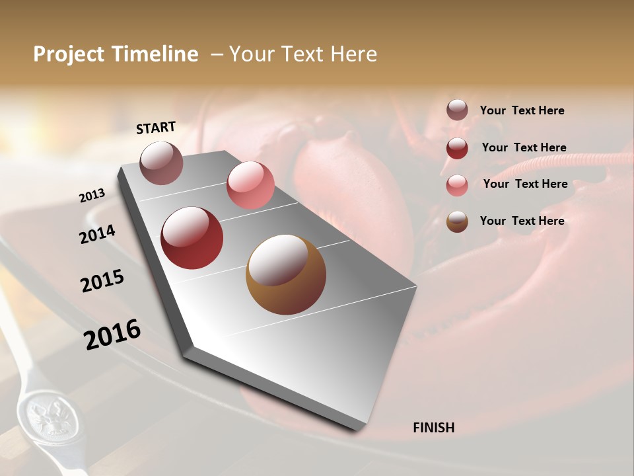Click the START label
coord(156,128)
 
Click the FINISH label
coord(433,428)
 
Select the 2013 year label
coord(92,196)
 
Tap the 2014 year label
coord(97,235)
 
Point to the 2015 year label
coord(102,281)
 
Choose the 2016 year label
coord(112,335)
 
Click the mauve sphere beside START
coord(161,163)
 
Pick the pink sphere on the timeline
coord(250,185)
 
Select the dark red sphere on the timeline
coord(192,238)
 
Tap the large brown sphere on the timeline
coord(285,274)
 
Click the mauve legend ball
coord(457,110)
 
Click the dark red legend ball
coord(457,148)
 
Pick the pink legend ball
coord(457,185)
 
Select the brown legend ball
coord(457,221)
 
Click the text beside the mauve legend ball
coord(522,110)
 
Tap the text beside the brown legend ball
coord(522,221)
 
